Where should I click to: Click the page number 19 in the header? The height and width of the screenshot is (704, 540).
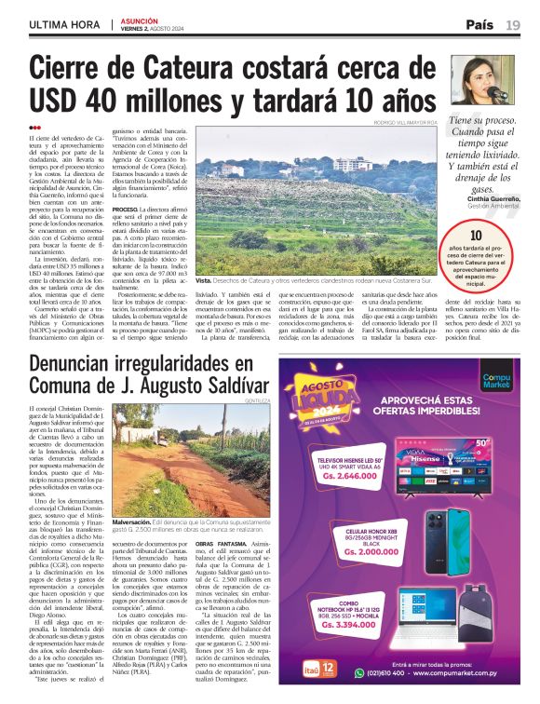click(x=513, y=24)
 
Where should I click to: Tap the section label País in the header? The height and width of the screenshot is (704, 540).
click(x=479, y=24)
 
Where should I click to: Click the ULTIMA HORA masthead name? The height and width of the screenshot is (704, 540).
click(x=64, y=24)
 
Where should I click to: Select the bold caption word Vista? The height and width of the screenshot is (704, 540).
click(x=203, y=279)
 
